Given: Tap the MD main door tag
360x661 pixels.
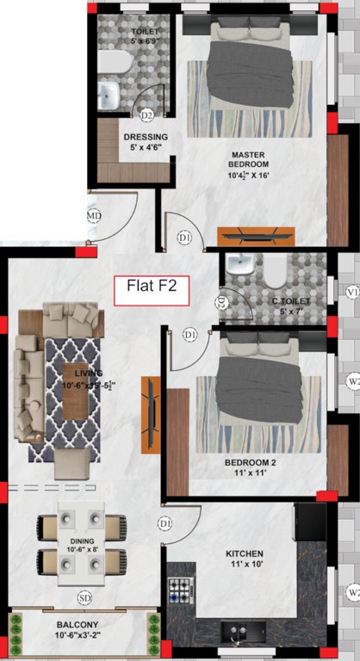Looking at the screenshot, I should point(95,215).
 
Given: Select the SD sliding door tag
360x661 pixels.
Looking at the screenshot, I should point(84,596).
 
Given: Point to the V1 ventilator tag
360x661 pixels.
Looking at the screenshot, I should point(351,293).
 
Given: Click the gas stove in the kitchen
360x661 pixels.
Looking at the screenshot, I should point(179,590).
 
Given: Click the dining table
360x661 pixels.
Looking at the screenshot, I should point(81,545).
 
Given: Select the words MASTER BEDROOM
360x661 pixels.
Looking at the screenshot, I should point(250,159).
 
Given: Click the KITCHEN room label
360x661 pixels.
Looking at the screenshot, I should point(245,553).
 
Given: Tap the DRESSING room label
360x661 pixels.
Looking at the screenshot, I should point(146,137).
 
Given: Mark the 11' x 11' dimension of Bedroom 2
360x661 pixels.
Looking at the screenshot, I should point(245,473).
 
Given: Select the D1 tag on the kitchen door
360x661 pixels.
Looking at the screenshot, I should point(165,523).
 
